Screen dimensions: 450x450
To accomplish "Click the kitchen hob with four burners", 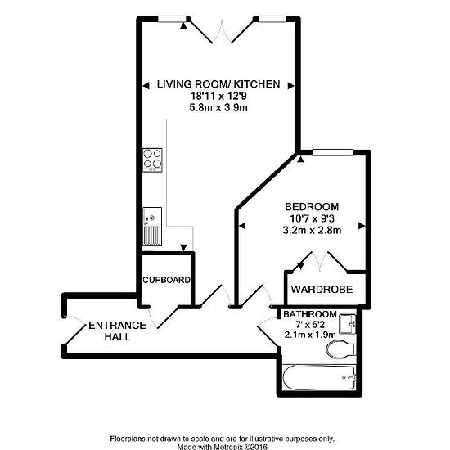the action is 152,160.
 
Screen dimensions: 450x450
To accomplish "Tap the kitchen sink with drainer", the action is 152,227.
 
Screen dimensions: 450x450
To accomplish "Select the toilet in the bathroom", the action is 341,349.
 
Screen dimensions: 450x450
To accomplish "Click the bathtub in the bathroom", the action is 319,377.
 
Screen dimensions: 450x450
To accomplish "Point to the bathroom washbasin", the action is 348,324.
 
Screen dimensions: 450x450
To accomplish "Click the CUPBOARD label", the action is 166,280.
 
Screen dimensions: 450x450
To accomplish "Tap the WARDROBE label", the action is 322,290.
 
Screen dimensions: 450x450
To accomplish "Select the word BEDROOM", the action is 312,207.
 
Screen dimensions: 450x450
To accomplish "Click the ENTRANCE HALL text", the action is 117,331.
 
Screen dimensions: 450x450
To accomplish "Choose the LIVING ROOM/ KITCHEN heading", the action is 218,84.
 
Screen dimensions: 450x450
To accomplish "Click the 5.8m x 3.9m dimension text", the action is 218,108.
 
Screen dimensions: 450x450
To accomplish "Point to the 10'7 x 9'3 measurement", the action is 312,218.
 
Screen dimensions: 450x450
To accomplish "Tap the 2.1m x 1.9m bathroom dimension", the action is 309,335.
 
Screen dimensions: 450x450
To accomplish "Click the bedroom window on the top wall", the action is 333,153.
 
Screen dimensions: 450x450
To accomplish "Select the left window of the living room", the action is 173,19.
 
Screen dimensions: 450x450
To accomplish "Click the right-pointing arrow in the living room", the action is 291,86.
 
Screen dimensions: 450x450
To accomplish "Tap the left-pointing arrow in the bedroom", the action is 242,226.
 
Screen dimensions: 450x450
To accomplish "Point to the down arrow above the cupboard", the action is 183,247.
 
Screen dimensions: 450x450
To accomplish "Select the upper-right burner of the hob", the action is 157,154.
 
